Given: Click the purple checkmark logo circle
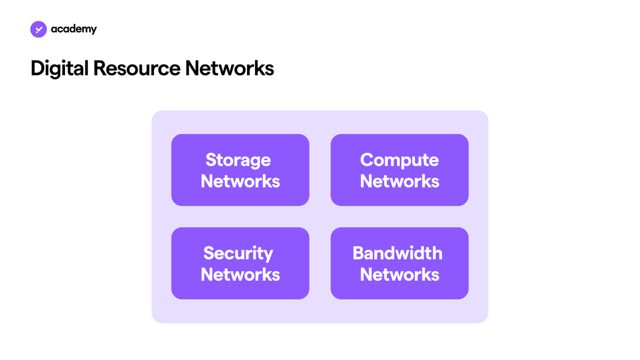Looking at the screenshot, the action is tap(38, 29).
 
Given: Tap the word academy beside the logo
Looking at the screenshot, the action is tap(74, 29).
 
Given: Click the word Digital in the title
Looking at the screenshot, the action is tap(59, 69).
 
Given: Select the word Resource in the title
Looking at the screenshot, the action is tap(137, 69).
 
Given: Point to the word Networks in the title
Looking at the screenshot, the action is tap(229, 68).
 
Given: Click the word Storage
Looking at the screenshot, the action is tap(238, 160).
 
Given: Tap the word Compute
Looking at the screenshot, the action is tap(399, 160).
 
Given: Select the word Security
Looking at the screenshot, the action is tap(238, 253).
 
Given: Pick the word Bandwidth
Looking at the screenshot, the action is tap(397, 253).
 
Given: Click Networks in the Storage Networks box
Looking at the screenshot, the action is tap(241, 181).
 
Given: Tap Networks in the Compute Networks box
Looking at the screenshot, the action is tap(399, 181).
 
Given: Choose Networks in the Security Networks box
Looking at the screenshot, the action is tap(241, 275).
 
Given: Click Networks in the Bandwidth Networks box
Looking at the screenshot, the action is tap(399, 275).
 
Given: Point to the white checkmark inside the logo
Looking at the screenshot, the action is tap(39, 29).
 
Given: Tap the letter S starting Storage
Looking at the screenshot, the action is tap(212, 159).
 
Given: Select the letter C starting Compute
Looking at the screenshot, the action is tap(367, 159).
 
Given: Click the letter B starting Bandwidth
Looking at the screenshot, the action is tap(359, 253).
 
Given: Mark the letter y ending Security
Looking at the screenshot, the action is tap(267, 255).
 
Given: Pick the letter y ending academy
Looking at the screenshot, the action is tap(93, 30).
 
